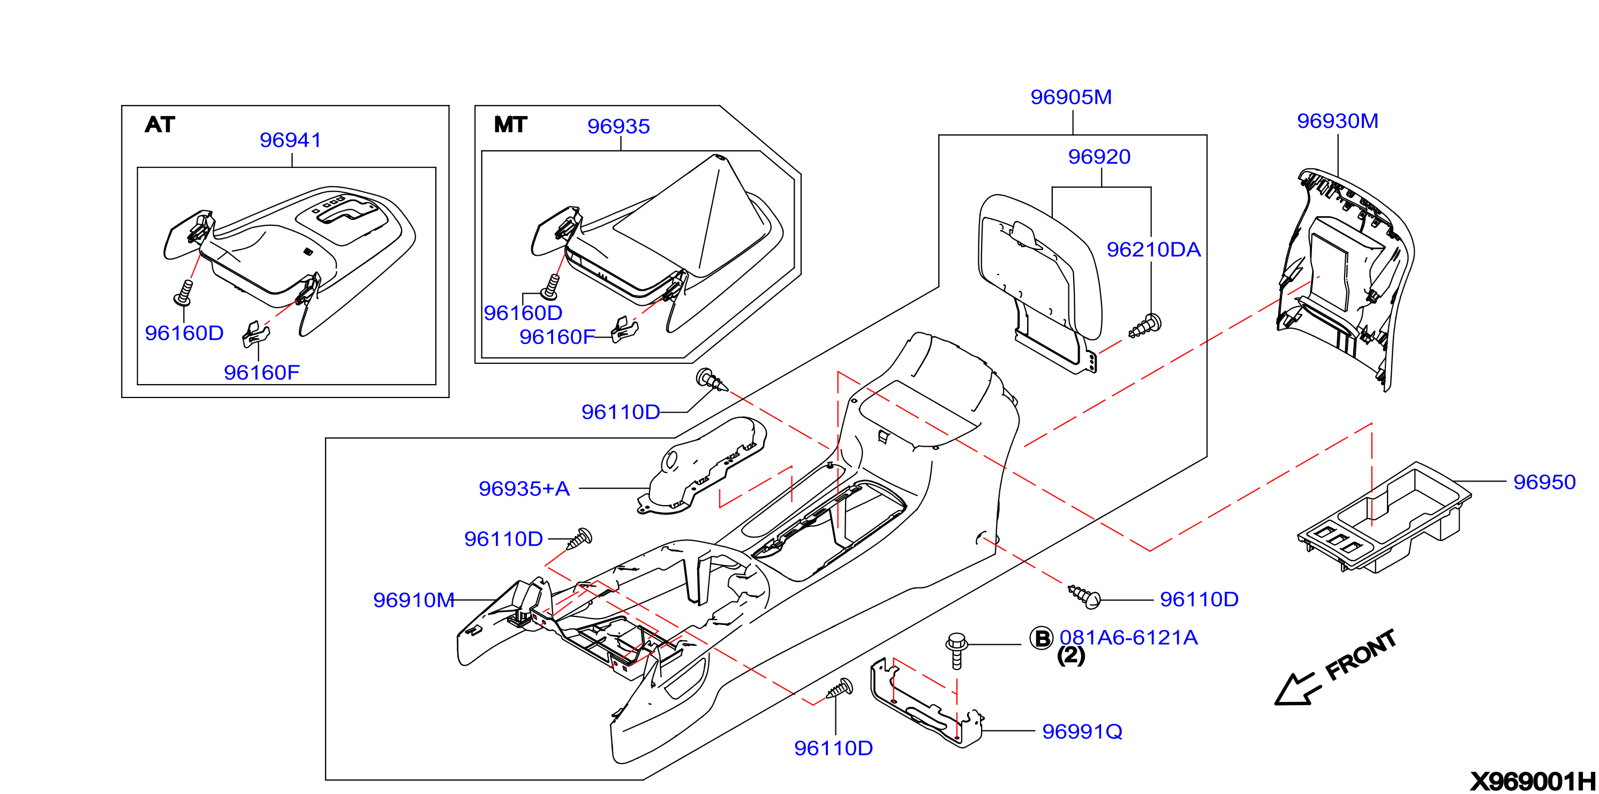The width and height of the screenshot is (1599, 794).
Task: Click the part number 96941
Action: (x=290, y=140)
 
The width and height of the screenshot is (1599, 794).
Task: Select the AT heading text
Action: (x=160, y=125)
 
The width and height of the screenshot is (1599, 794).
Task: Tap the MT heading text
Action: (x=510, y=125)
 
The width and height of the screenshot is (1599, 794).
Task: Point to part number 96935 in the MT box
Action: (x=619, y=127)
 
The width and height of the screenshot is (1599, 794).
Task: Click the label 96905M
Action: (x=1071, y=97)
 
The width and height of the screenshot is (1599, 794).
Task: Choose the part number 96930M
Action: (x=1338, y=121)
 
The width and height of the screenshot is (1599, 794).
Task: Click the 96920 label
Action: (x=1099, y=157)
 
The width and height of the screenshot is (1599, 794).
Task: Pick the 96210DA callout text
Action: (x=1153, y=249)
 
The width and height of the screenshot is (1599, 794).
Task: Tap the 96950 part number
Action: (x=1544, y=482)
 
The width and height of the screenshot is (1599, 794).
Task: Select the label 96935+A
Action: (x=524, y=489)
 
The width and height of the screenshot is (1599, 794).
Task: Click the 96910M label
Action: (x=413, y=600)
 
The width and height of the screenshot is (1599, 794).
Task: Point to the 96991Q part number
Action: (x=1082, y=732)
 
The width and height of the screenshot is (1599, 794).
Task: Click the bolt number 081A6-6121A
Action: (x=1128, y=638)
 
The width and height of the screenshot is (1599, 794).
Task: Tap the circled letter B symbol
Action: (x=1042, y=638)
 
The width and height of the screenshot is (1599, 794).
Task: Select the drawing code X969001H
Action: (x=1532, y=782)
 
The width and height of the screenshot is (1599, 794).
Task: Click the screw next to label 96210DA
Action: (x=1144, y=326)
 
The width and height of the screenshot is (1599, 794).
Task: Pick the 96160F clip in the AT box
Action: (x=256, y=334)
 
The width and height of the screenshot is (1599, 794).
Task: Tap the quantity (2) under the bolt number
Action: (x=1071, y=655)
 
